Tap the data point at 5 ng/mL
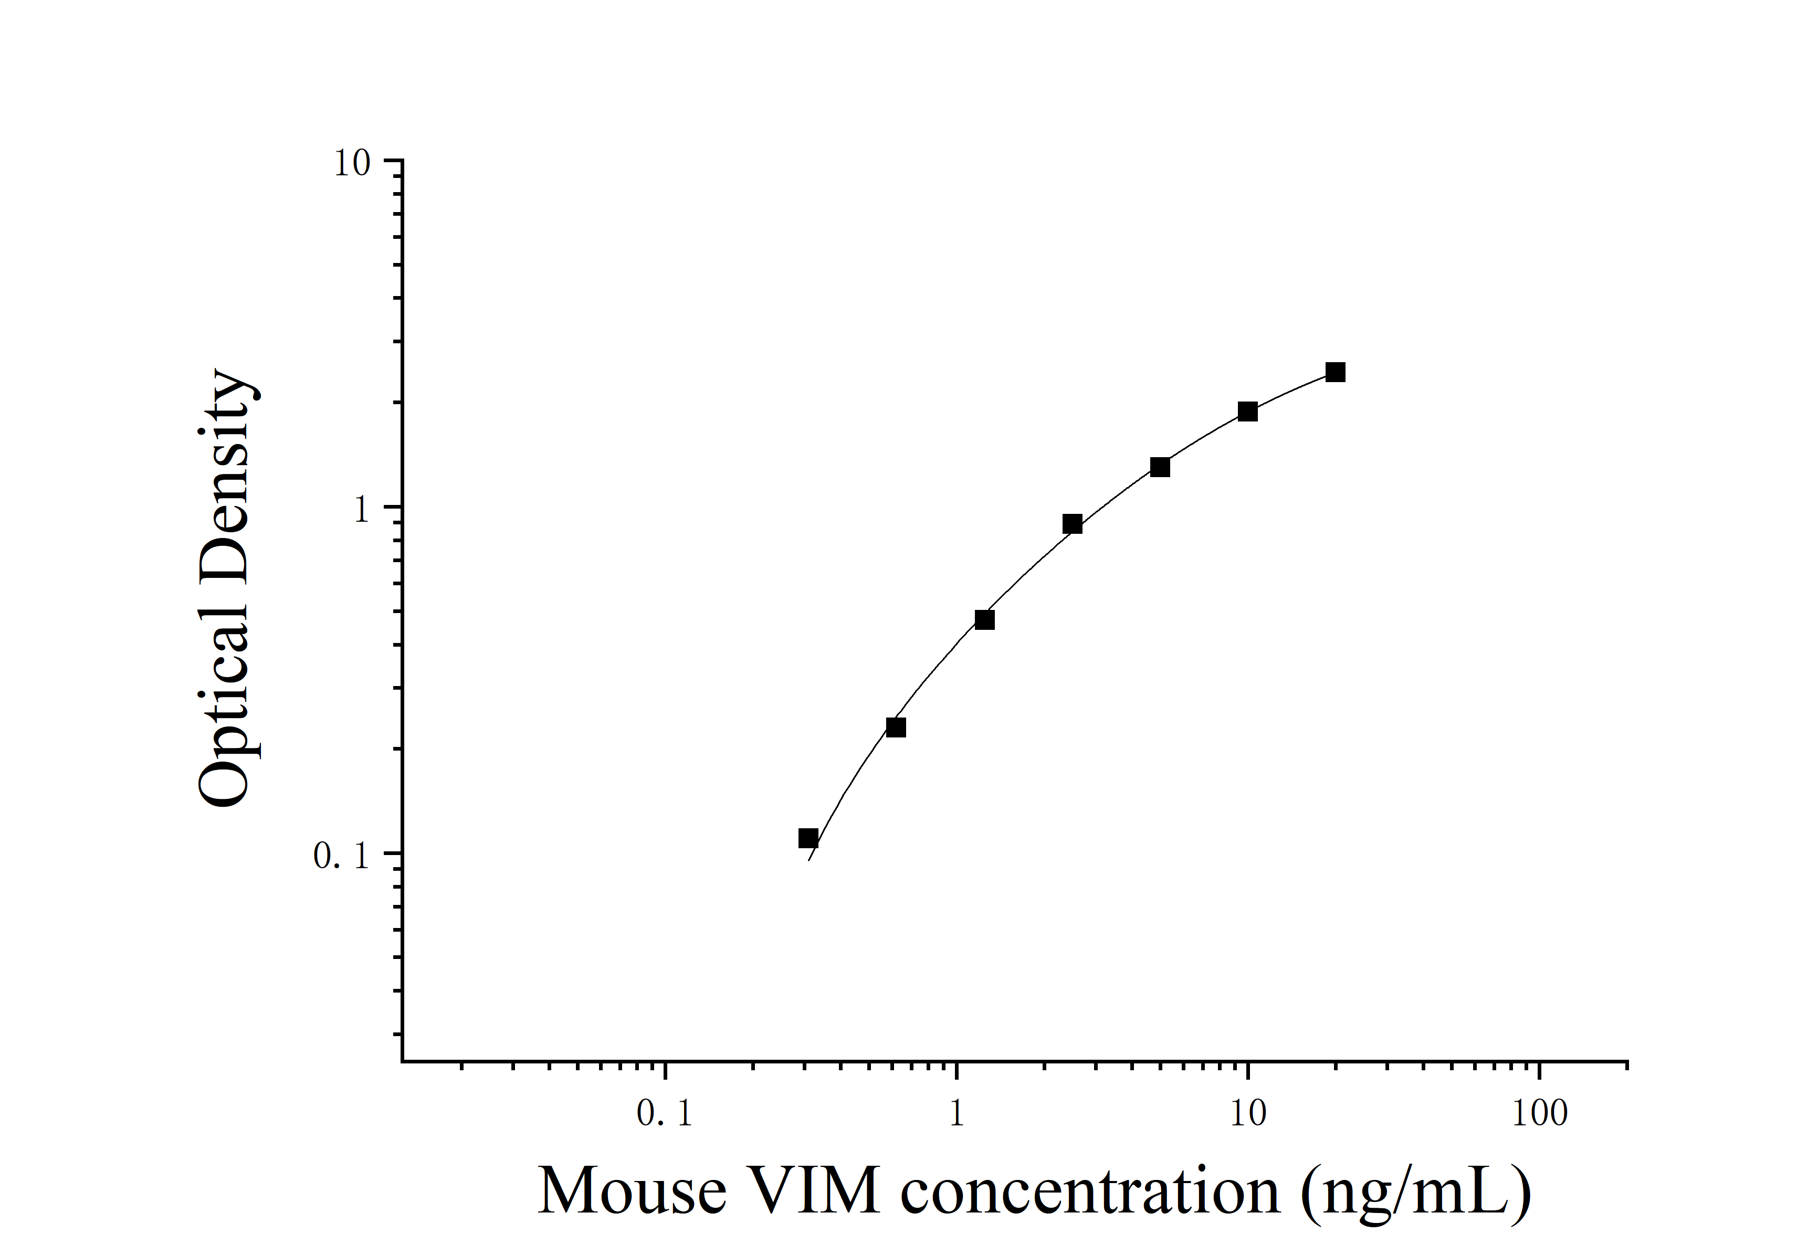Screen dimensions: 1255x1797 [x=1160, y=467]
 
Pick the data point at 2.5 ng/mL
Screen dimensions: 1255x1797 [x=1072, y=524]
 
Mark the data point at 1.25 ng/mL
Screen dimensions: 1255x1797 [x=984, y=620]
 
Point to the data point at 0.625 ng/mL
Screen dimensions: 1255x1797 [x=896, y=727]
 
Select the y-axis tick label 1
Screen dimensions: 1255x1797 [x=361, y=510]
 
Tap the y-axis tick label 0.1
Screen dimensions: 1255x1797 [x=341, y=856]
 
